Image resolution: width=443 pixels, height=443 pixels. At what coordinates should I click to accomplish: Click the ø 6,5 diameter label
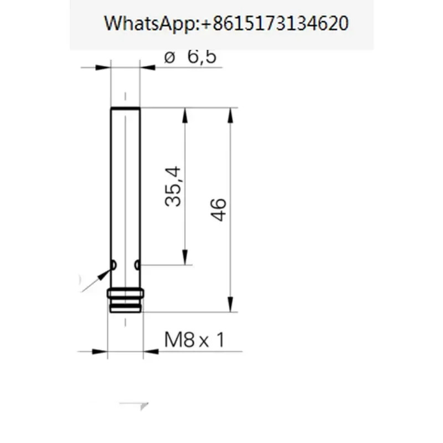click(190, 57)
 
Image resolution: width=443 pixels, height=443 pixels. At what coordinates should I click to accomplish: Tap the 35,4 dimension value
click(173, 187)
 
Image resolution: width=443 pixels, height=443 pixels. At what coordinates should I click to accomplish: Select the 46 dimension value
click(218, 210)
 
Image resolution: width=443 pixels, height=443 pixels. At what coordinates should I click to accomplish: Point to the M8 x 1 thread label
click(194, 339)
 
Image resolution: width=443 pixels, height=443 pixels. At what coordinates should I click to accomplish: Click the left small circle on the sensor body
click(114, 265)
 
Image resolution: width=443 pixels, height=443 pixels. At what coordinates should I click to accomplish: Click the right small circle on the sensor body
click(137, 265)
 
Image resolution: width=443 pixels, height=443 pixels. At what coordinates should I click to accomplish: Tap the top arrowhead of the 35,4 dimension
click(185, 115)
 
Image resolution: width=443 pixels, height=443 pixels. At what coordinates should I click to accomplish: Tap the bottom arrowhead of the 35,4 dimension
click(185, 257)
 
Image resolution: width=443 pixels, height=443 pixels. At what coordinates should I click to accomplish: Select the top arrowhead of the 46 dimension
click(230, 115)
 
